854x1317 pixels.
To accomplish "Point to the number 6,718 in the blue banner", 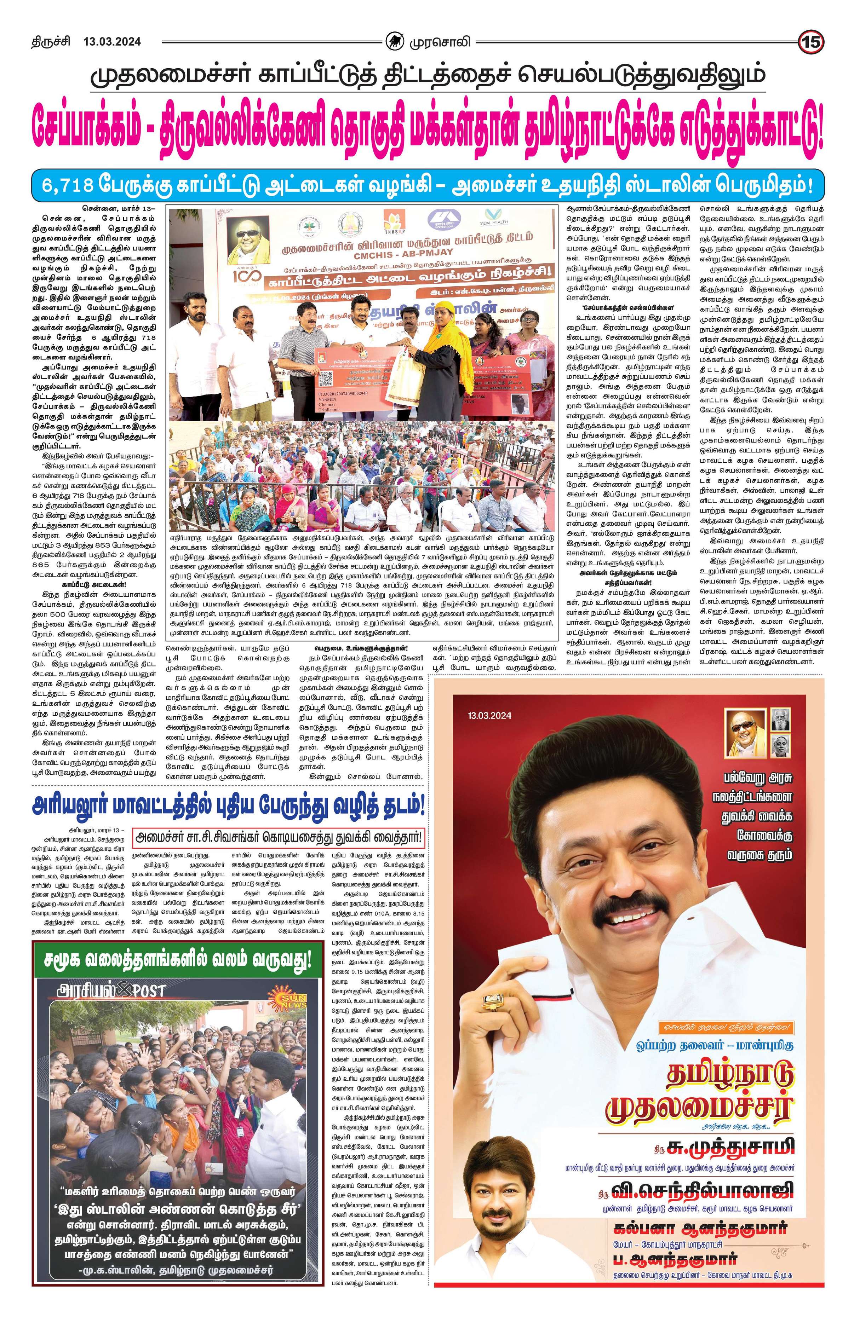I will [x=68, y=184].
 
